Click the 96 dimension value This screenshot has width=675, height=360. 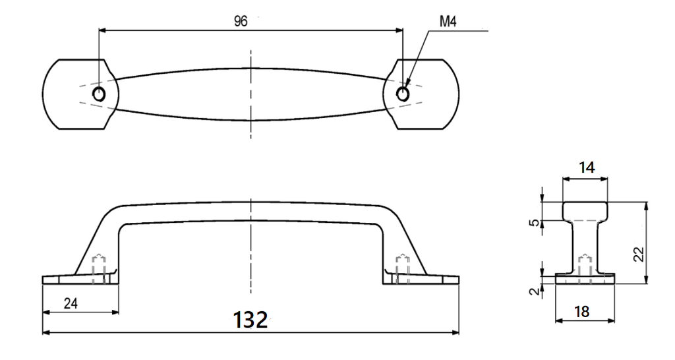click(x=241, y=21)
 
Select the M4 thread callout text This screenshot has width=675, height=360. click(x=448, y=22)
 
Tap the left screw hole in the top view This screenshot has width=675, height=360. click(x=99, y=93)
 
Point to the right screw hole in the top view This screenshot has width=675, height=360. click(x=403, y=94)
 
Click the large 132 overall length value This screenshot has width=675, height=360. click(x=250, y=320)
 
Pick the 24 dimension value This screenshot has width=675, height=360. click(x=71, y=303)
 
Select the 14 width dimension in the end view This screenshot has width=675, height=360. click(x=586, y=167)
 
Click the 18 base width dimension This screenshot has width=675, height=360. click(x=581, y=311)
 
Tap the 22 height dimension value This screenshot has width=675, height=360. click(x=639, y=254)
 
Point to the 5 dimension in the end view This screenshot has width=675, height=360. click(x=534, y=223)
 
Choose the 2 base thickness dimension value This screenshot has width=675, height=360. click(x=534, y=291)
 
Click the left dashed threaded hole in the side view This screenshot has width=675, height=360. click(x=99, y=268)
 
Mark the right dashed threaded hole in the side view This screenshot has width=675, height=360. click(x=403, y=268)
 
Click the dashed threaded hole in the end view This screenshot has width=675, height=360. click(x=585, y=269)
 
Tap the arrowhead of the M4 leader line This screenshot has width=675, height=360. click(x=407, y=82)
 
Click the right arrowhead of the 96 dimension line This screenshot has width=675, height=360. click(x=399, y=30)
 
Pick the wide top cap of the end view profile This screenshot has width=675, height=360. click(x=585, y=211)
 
